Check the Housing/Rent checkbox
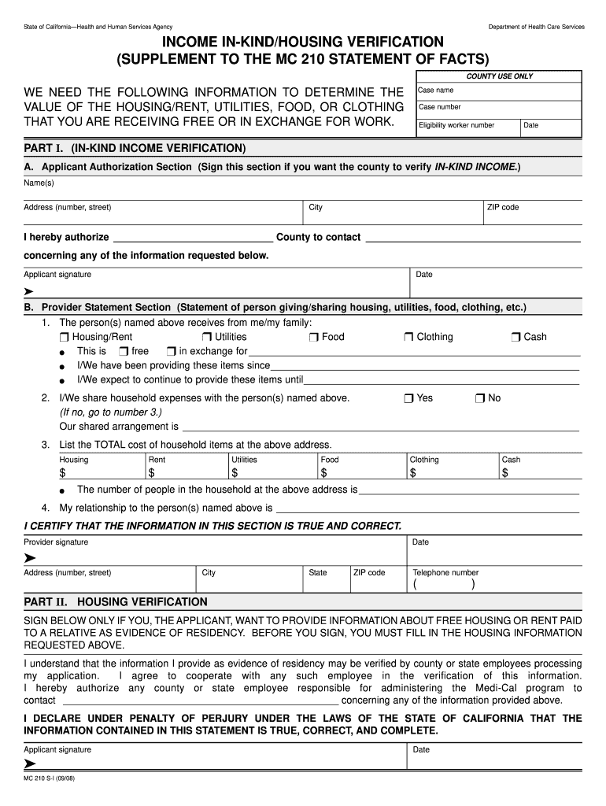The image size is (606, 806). coord(65,337)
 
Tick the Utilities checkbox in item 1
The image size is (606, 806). coord(207,337)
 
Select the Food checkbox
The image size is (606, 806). coord(313,337)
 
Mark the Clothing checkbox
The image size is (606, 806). coord(408,337)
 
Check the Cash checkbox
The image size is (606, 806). coord(515,337)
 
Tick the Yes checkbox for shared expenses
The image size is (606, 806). coord(408,398)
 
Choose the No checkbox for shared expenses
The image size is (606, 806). coord(479,398)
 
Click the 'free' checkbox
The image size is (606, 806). coord(124,351)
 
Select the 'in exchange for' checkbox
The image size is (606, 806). coord(171,351)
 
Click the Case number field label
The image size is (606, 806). coord(440,107)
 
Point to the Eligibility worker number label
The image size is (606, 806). coord(456,125)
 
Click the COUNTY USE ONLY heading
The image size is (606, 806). coord(499,76)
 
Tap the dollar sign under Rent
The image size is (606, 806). coord(152,473)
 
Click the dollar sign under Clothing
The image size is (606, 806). coord(413,473)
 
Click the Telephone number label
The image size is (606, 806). coord(445,573)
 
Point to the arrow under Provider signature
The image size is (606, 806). coord(30,557)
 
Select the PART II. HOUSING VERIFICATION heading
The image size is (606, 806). coord(116,601)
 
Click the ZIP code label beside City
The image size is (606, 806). coord(503,208)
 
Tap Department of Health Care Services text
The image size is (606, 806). coord(536,27)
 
